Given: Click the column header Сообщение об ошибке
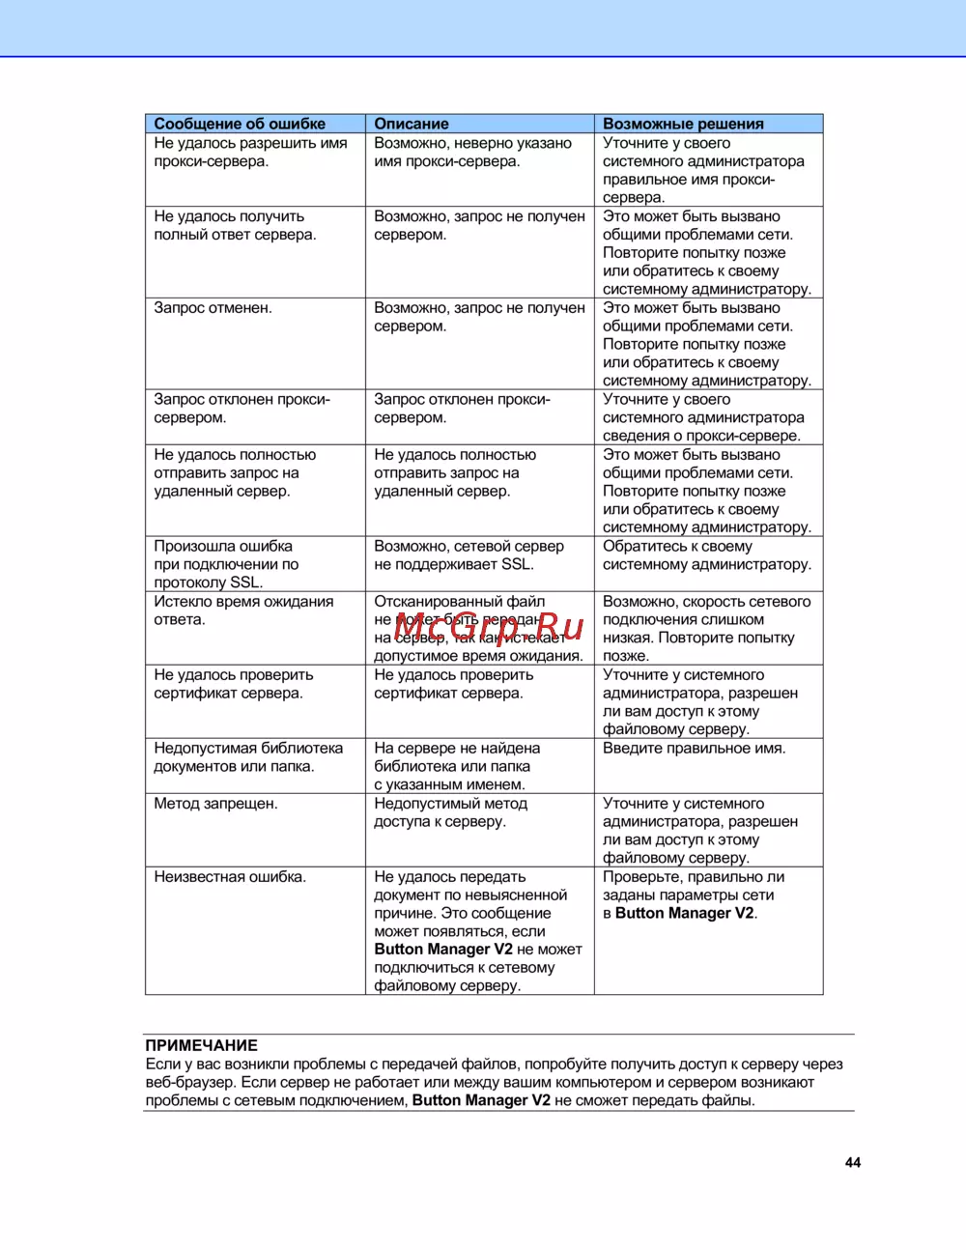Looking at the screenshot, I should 240,124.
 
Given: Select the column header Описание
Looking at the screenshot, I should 412,124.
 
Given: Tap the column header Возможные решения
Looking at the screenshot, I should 683,124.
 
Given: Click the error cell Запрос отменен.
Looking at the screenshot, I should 213,308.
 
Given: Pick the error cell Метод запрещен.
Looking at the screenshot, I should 215,804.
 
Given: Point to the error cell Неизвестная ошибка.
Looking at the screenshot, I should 230,877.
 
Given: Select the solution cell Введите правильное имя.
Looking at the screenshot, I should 694,749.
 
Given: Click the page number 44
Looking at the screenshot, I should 853,1163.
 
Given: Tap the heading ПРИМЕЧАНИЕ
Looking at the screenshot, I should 201,1045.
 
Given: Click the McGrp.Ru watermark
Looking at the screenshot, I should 489,627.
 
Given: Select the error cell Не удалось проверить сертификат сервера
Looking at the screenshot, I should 234,684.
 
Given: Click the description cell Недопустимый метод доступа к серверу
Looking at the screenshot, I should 450,812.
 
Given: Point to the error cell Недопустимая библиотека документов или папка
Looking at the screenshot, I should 248,757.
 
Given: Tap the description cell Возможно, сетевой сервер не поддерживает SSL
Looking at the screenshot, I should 469,555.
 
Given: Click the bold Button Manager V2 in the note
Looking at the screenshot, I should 481,1100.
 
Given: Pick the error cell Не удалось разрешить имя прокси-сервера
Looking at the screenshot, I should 250,153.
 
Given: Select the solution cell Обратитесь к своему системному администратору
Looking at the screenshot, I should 706,555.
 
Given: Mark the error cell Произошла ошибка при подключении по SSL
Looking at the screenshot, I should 226,564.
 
